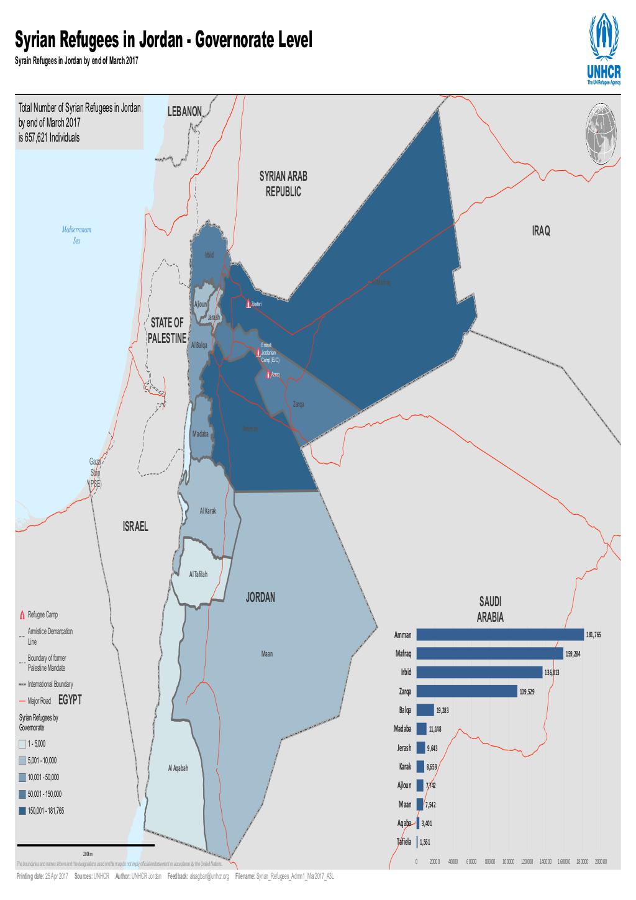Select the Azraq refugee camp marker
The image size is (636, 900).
(x=268, y=375)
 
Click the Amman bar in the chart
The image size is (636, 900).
(x=500, y=635)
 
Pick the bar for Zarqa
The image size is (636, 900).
(x=466, y=691)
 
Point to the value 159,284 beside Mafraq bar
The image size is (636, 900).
(x=573, y=654)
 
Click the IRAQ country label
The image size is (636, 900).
(x=541, y=231)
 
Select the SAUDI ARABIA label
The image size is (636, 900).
(x=490, y=610)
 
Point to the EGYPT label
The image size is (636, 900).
(x=70, y=700)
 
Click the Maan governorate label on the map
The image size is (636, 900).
(x=266, y=653)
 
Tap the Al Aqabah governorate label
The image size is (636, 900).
(x=178, y=768)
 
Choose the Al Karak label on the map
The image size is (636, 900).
(x=207, y=511)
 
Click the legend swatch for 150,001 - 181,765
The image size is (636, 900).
(x=22, y=811)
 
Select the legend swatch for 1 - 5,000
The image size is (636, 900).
(x=22, y=743)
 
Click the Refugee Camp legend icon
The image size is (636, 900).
(x=22, y=615)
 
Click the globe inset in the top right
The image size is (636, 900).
(x=601, y=134)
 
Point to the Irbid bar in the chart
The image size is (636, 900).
(x=479, y=673)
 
